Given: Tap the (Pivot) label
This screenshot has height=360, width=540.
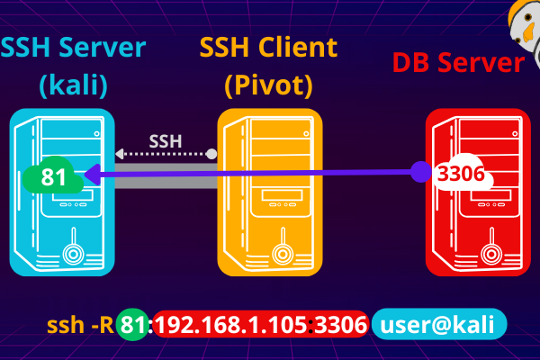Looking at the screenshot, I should coord(268,86).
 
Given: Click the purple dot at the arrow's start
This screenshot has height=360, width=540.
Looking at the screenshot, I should coord(422,170).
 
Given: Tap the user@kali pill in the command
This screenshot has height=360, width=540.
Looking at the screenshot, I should coord(438,325).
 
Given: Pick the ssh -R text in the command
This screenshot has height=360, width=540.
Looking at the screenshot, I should coord(79,325).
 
